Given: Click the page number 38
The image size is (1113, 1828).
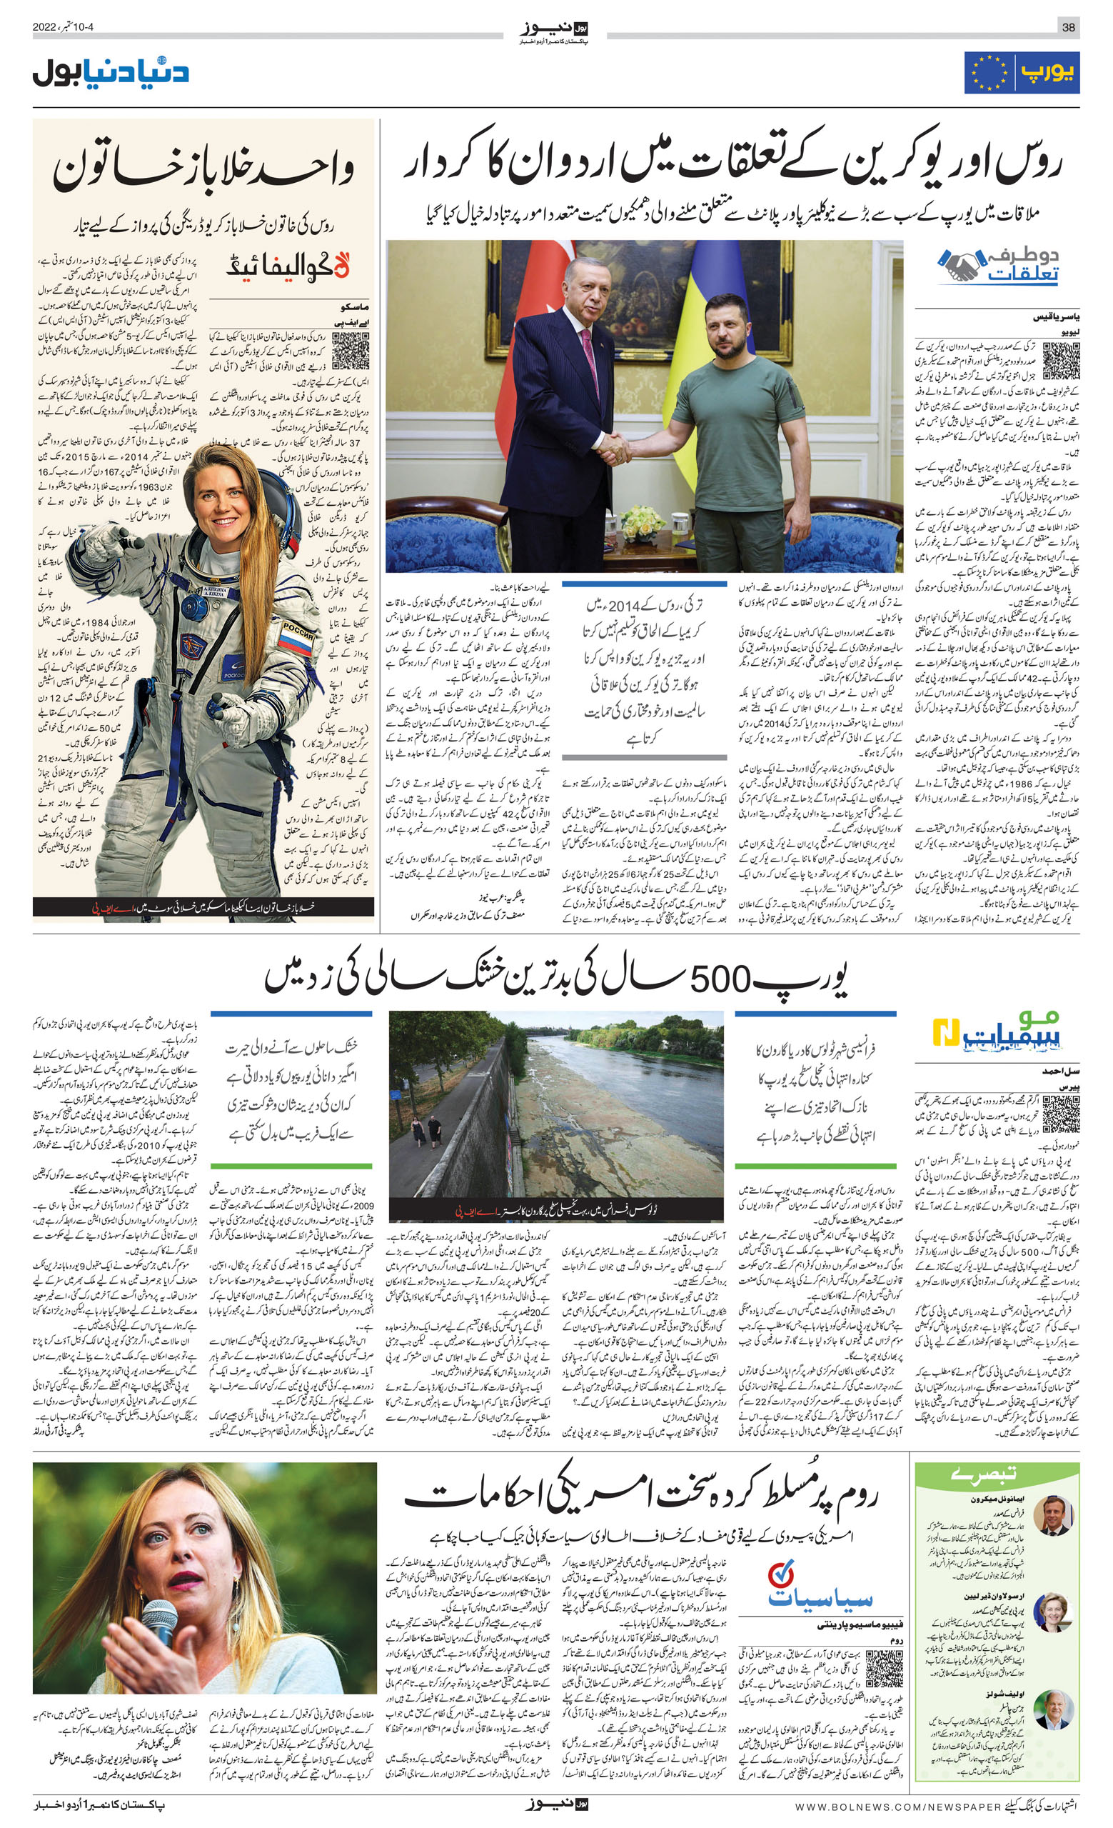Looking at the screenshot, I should [x=1068, y=27].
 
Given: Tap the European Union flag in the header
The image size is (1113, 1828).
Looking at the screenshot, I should [x=989, y=73].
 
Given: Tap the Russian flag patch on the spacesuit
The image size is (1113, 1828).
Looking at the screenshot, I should [x=296, y=639].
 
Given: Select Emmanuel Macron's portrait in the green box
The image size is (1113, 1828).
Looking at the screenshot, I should [x=1054, y=1516].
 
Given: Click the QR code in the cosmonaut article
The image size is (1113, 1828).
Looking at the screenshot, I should [x=350, y=351].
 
